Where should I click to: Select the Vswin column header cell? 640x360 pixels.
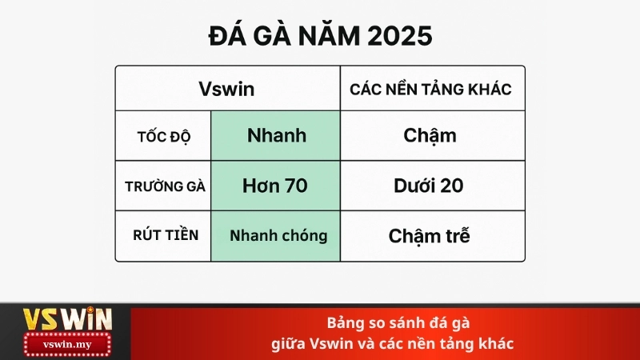point(226,89)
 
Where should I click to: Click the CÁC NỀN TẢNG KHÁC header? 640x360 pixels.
point(430,89)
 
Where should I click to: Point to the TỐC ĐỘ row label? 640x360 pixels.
point(163,135)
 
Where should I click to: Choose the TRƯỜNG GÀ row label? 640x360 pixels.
point(165,186)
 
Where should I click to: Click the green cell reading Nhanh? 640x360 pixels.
point(276,135)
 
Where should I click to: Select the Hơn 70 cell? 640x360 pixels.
point(276,186)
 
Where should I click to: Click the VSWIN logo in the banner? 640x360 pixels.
point(66,319)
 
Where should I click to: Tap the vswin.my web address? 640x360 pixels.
point(67,345)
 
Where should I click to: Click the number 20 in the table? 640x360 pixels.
point(450,186)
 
